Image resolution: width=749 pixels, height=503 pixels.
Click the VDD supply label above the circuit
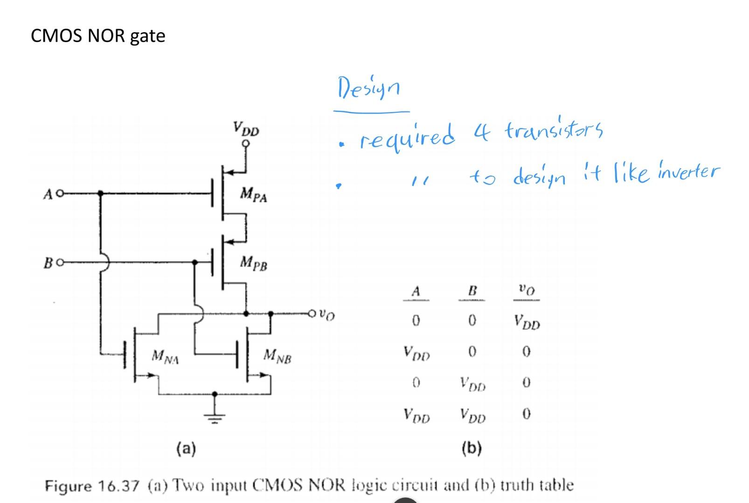[x=246, y=129]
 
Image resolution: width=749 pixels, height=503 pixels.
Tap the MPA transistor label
[x=253, y=194]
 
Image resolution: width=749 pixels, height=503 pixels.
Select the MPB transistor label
[x=253, y=264]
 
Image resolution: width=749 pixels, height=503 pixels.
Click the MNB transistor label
[x=277, y=357]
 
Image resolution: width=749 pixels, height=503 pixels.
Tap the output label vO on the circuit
[x=328, y=316]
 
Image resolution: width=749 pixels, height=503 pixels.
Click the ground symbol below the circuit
[x=214, y=416]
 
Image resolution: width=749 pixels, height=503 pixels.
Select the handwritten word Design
[x=368, y=88]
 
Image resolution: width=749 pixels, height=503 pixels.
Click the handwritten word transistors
[x=554, y=130]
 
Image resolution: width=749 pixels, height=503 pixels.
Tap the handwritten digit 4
[x=482, y=132]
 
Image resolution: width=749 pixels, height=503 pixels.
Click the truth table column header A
[x=416, y=292]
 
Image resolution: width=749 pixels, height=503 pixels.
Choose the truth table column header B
[x=472, y=292]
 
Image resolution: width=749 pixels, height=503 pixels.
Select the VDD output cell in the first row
[x=527, y=322]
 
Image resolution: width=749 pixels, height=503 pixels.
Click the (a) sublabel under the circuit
[x=186, y=449]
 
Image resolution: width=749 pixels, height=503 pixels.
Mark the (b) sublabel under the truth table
[x=471, y=448]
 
